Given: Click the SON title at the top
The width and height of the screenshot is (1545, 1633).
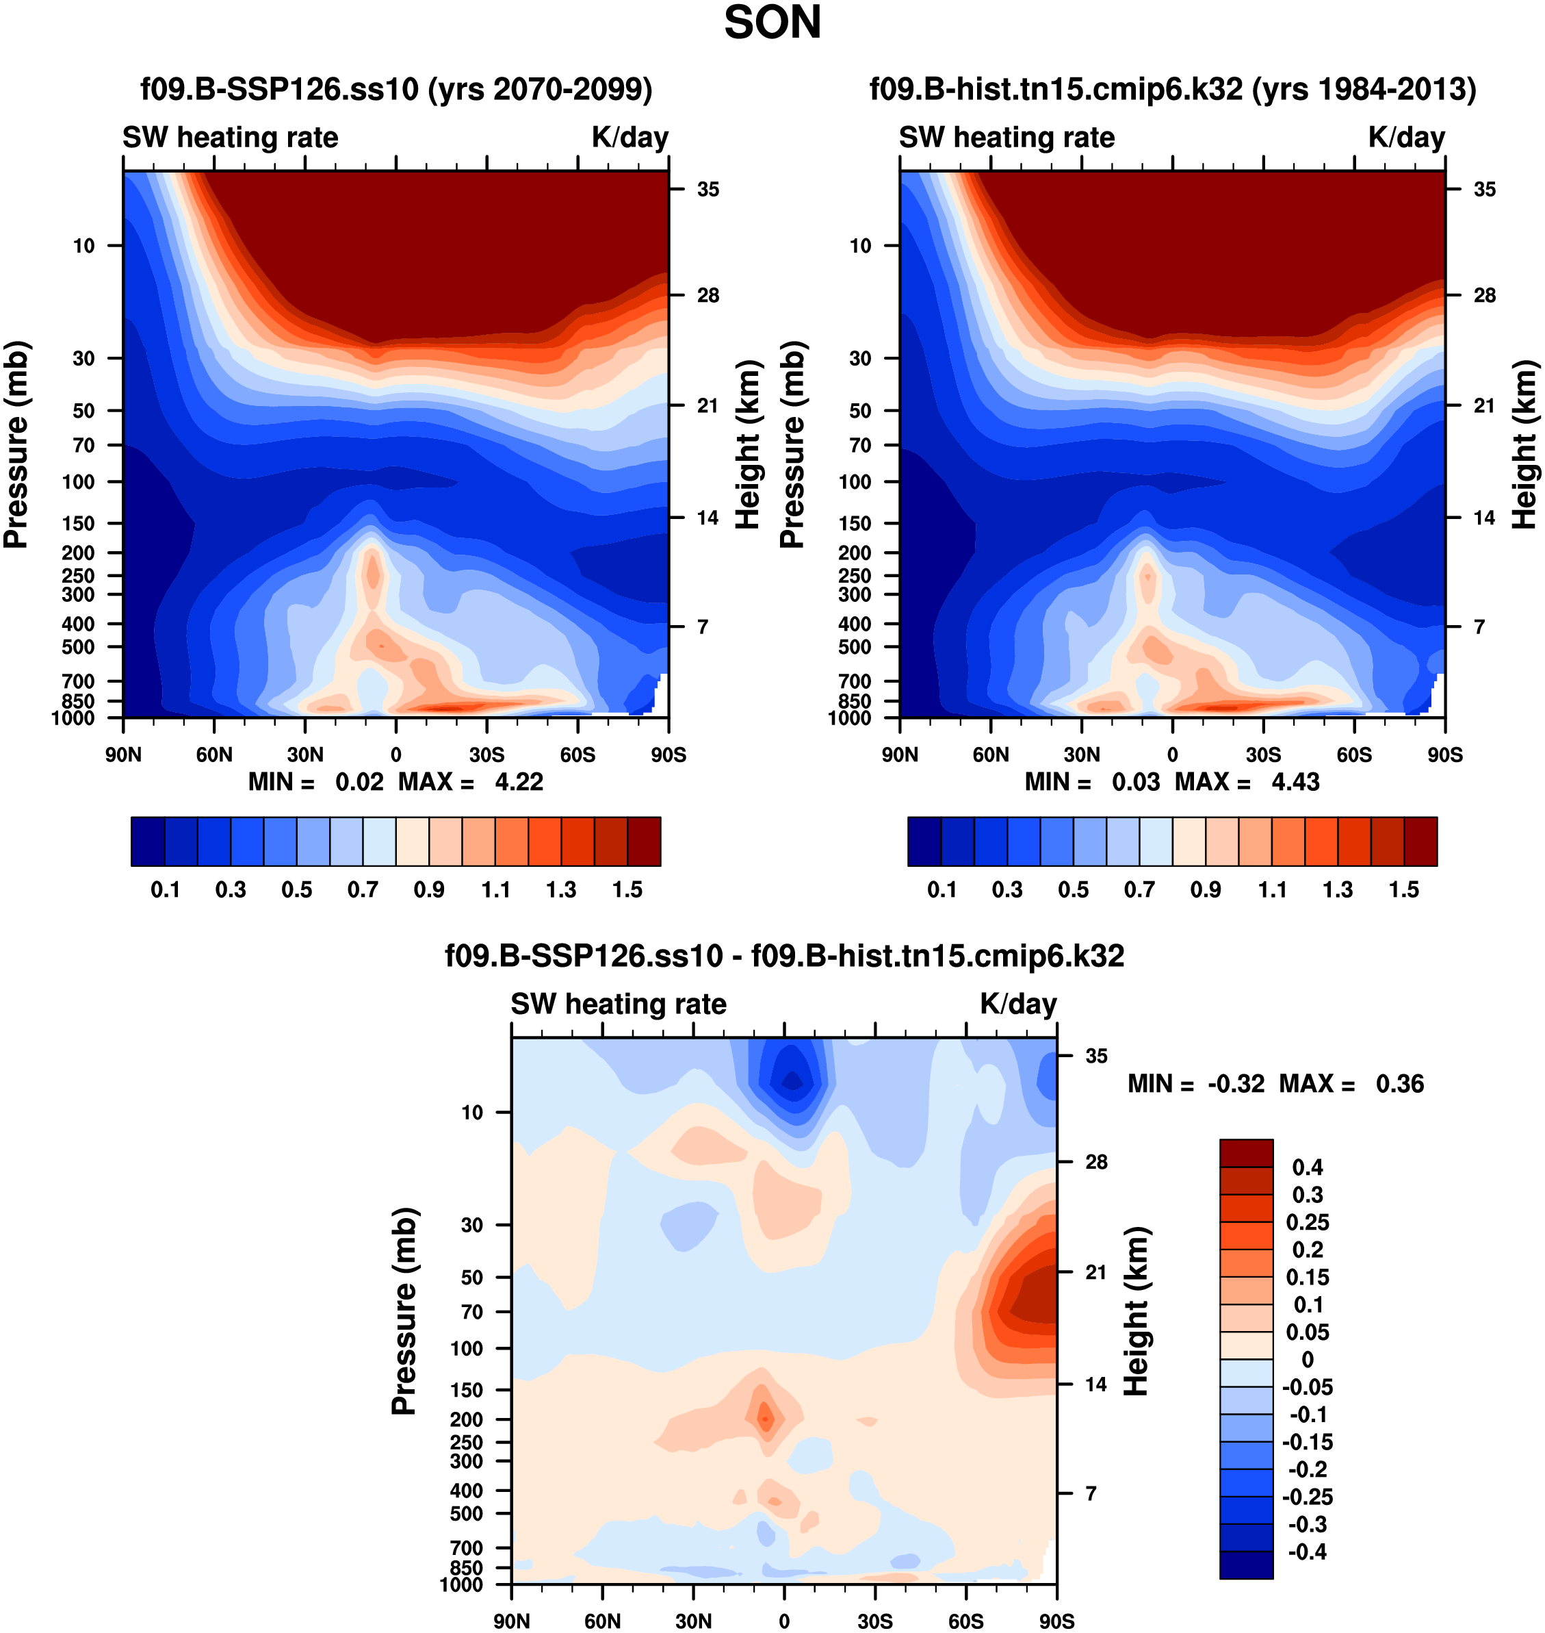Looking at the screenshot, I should tap(772, 23).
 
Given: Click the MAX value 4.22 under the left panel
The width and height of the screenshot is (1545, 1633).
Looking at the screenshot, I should tap(519, 782).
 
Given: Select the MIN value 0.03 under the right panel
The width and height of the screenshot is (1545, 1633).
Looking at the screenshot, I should tap(1136, 782).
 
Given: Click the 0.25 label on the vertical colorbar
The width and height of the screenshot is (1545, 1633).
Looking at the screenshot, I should tap(1307, 1222).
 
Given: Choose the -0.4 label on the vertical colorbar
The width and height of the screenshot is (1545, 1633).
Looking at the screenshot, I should tap(1307, 1552).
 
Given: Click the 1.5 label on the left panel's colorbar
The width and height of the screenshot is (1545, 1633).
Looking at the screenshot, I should tap(627, 890).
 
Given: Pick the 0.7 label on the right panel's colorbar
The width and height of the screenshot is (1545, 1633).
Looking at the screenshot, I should tap(1140, 890).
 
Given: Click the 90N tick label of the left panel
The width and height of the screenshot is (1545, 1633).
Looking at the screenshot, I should tap(124, 755).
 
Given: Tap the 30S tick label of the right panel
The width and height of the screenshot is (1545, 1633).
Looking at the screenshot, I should tap(1263, 755).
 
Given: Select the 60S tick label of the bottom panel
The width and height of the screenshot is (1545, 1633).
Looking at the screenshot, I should tap(965, 1621).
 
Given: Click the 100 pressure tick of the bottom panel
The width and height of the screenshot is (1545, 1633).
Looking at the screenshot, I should tap(466, 1349).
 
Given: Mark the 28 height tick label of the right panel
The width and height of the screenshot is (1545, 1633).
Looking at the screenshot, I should tap(1484, 295).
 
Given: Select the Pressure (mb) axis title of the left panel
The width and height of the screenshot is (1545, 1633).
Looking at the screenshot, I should tap(16, 445).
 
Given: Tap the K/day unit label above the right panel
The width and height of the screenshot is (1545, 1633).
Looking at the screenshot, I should tap(1407, 138).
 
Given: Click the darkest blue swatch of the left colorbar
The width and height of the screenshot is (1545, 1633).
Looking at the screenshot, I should tap(148, 841).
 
